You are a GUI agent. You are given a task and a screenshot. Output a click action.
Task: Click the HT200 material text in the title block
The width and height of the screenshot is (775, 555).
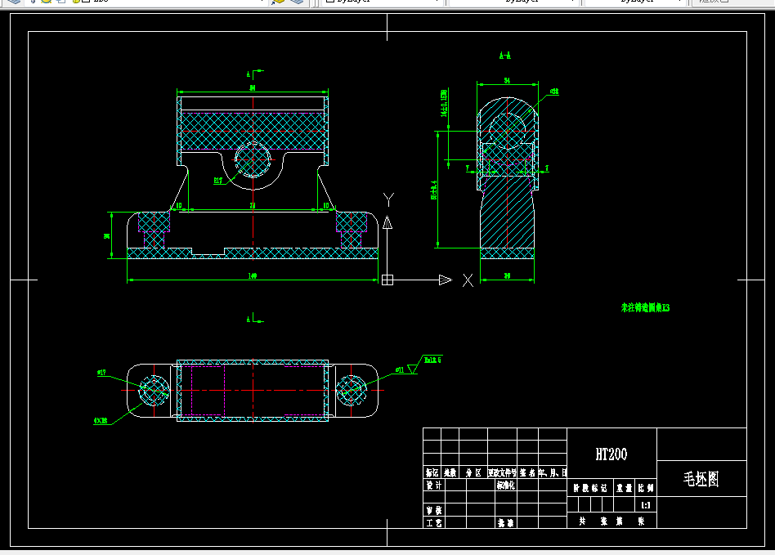click(611, 454)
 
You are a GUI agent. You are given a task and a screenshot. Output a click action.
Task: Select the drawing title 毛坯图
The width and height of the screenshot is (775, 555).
click(701, 479)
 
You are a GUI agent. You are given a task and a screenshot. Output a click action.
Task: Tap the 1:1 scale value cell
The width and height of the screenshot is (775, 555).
click(646, 505)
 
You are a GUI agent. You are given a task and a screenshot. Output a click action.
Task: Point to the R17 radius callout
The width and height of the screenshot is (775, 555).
click(218, 181)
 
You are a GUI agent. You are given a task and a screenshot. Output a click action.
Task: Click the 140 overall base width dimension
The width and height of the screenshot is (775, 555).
click(253, 276)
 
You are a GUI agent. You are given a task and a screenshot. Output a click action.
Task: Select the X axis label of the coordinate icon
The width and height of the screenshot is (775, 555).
click(468, 280)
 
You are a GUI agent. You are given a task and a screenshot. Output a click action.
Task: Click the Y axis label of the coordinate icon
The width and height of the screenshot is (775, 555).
click(389, 199)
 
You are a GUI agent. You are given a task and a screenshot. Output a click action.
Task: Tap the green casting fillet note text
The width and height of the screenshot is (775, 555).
click(645, 308)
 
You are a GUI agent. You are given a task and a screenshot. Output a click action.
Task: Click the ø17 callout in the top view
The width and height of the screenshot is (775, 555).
click(103, 373)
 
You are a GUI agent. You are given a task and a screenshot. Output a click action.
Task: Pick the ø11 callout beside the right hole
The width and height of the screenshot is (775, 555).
click(400, 369)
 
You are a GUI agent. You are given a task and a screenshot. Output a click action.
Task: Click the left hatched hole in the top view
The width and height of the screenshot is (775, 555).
click(151, 389)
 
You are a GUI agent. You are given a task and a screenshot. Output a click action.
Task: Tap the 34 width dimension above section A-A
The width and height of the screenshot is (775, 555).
click(507, 81)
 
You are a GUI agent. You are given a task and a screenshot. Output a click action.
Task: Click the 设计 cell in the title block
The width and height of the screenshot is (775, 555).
click(432, 485)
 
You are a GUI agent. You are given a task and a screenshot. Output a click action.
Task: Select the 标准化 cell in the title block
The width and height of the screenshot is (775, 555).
click(505, 485)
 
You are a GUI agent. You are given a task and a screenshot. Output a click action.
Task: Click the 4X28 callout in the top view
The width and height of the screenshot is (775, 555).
click(101, 421)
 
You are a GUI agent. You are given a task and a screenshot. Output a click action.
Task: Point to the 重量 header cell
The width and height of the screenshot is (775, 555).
click(624, 487)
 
